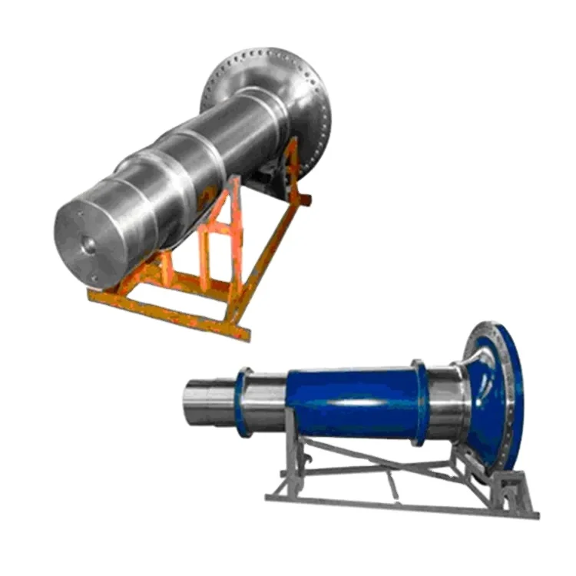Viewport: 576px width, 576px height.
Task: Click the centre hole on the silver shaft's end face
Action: pos(89,245)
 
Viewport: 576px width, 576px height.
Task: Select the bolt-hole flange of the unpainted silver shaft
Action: pos(265,84)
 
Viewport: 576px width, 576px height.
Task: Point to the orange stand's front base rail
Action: pos(169,311)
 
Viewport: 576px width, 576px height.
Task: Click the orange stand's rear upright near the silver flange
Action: pos(292,165)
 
